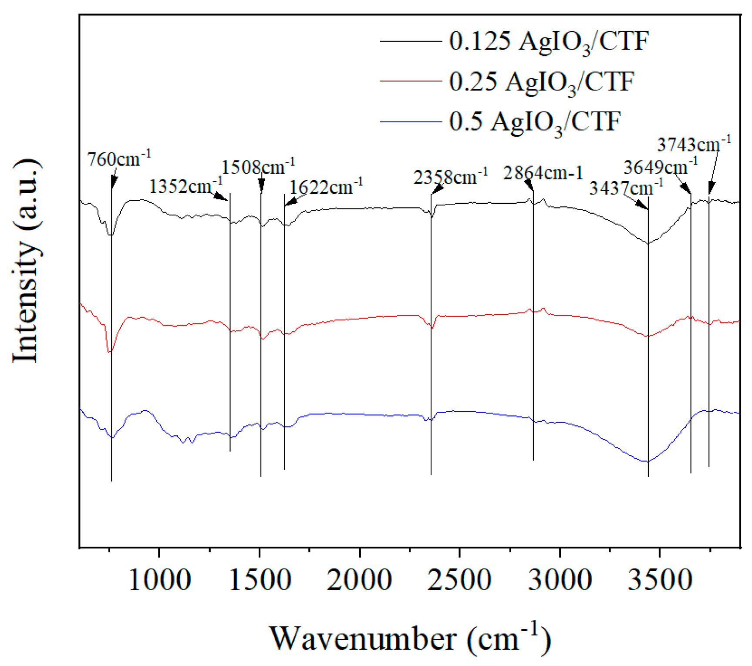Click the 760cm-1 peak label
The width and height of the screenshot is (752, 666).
pyautogui.click(x=119, y=159)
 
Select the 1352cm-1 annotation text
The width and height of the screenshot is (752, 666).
pyautogui.click(x=185, y=186)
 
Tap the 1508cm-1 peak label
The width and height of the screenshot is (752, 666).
pyautogui.click(x=258, y=167)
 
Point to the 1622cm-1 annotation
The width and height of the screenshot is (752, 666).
pyautogui.click(x=326, y=187)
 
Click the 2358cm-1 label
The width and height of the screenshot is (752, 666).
pyautogui.click(x=450, y=177)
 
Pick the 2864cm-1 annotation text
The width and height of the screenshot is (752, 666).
pyautogui.click(x=543, y=173)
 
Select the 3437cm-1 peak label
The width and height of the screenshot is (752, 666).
pyautogui.click(x=626, y=188)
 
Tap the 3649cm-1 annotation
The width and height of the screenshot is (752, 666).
pyautogui.click(x=660, y=167)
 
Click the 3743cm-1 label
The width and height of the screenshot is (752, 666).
pyautogui.click(x=694, y=144)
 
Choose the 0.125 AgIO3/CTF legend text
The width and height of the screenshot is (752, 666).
pyautogui.click(x=549, y=42)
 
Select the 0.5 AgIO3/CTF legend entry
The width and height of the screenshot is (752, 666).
pyautogui.click(x=534, y=122)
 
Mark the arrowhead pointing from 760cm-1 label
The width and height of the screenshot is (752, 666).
pyautogui.click(x=113, y=183)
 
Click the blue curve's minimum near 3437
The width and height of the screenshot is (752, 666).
pyautogui.click(x=647, y=461)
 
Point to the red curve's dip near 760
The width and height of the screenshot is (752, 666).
pyautogui.click(x=110, y=351)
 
